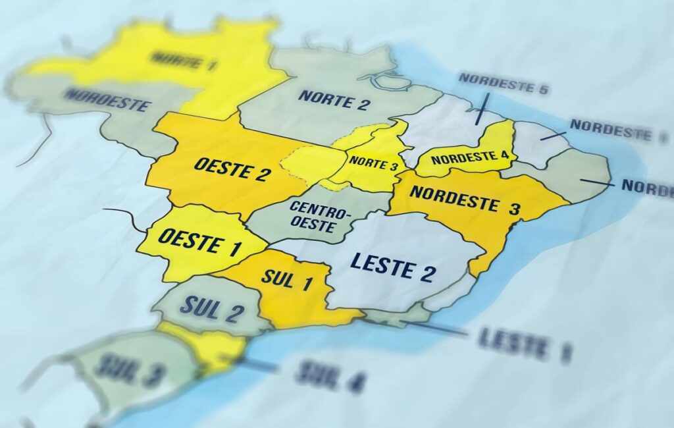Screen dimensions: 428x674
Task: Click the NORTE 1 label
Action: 184,61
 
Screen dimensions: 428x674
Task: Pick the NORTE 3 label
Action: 373,163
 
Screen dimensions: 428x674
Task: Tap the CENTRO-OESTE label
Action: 321,217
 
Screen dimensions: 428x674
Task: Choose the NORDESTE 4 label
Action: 470,158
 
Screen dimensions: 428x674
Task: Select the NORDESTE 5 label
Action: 504,83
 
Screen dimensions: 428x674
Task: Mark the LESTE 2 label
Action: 392,265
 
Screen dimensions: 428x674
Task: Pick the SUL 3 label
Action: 128,370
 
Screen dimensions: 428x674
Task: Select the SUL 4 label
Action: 330,376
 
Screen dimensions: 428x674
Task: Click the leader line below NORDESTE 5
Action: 482,109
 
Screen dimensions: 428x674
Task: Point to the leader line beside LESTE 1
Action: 437,329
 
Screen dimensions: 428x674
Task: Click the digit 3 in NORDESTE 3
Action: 514,207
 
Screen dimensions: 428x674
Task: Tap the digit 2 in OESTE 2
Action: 262,173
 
